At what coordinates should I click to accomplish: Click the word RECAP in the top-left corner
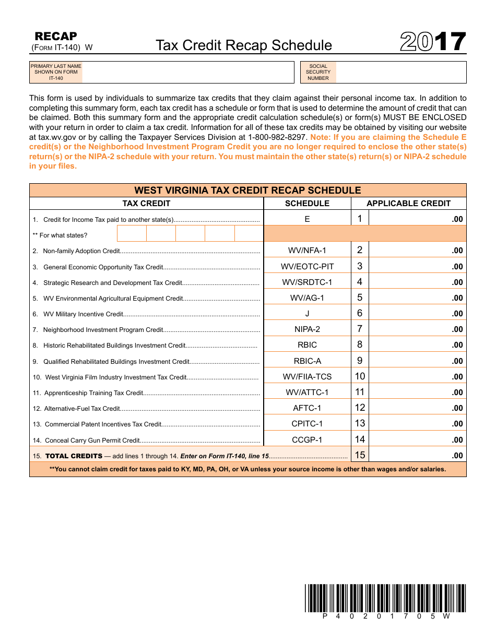coord(55,36)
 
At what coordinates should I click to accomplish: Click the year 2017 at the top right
coord(433,43)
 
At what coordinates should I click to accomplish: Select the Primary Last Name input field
coord(188,73)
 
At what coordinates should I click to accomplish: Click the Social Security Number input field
coord(400,73)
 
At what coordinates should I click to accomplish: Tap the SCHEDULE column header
coord(307,204)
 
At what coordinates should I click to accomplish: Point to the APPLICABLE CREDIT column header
coord(408,204)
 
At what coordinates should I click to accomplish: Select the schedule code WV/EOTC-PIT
coord(307,267)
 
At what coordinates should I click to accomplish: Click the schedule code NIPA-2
coord(307,329)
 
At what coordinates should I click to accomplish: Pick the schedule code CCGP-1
coord(307,439)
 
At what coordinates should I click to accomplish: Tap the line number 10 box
coord(360,376)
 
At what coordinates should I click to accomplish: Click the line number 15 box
coord(360,455)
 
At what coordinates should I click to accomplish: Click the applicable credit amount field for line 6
coord(417,313)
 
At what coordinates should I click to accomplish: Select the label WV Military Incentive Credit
coord(83,314)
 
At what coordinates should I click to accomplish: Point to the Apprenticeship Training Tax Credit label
coord(93,393)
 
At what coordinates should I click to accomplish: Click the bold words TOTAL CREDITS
coord(74,456)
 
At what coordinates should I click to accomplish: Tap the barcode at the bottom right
coord(385,598)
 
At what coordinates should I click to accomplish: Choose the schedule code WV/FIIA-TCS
coord(307,377)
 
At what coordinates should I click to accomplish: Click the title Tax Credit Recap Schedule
coord(243,45)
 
